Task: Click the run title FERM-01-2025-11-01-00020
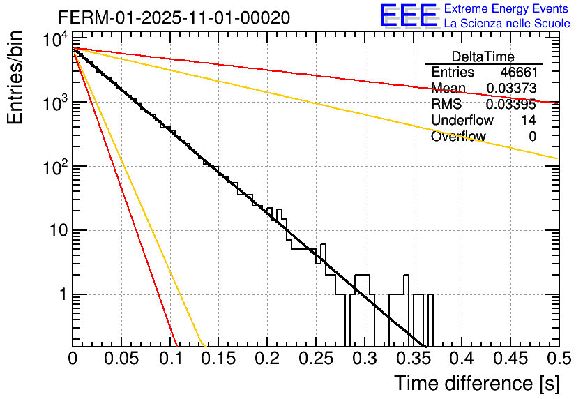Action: [174, 17]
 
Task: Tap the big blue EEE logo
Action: [407, 16]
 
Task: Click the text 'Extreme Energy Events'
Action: [507, 9]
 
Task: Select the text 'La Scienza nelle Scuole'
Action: [507, 23]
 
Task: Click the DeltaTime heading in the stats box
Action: [483, 56]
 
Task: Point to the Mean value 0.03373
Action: [511, 88]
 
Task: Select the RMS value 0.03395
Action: [511, 104]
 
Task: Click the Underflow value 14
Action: [529, 120]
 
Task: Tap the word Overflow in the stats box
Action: [458, 136]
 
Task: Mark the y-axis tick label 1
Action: [61, 295]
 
